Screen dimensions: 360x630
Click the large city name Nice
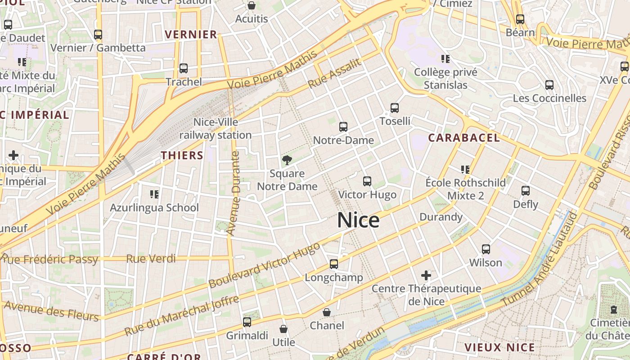[x=358, y=220]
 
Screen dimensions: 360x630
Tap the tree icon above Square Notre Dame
[x=287, y=160]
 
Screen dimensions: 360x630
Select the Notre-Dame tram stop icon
[x=343, y=127]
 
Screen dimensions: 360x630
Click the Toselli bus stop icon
[x=395, y=108]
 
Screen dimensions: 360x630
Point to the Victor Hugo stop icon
[x=367, y=181]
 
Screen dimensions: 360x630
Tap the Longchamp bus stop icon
[x=333, y=264]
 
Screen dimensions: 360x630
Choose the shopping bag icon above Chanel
[x=327, y=312]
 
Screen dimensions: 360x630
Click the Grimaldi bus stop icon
[x=247, y=322]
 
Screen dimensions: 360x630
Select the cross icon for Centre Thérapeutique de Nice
[x=426, y=275]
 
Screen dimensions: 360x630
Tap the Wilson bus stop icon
[x=486, y=249]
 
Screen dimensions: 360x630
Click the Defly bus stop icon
[x=526, y=191]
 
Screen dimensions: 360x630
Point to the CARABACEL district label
[x=464, y=138]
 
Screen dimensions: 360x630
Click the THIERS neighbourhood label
[x=182, y=156]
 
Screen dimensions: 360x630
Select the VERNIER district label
[x=191, y=35]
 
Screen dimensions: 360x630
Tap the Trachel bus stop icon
[x=184, y=68]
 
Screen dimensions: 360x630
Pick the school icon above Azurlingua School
[x=154, y=194]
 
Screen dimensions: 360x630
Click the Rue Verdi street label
[x=151, y=259]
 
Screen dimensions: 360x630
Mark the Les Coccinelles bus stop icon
[x=549, y=85]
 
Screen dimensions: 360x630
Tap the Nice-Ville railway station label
[x=216, y=129]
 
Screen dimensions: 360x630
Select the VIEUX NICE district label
[x=499, y=347]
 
